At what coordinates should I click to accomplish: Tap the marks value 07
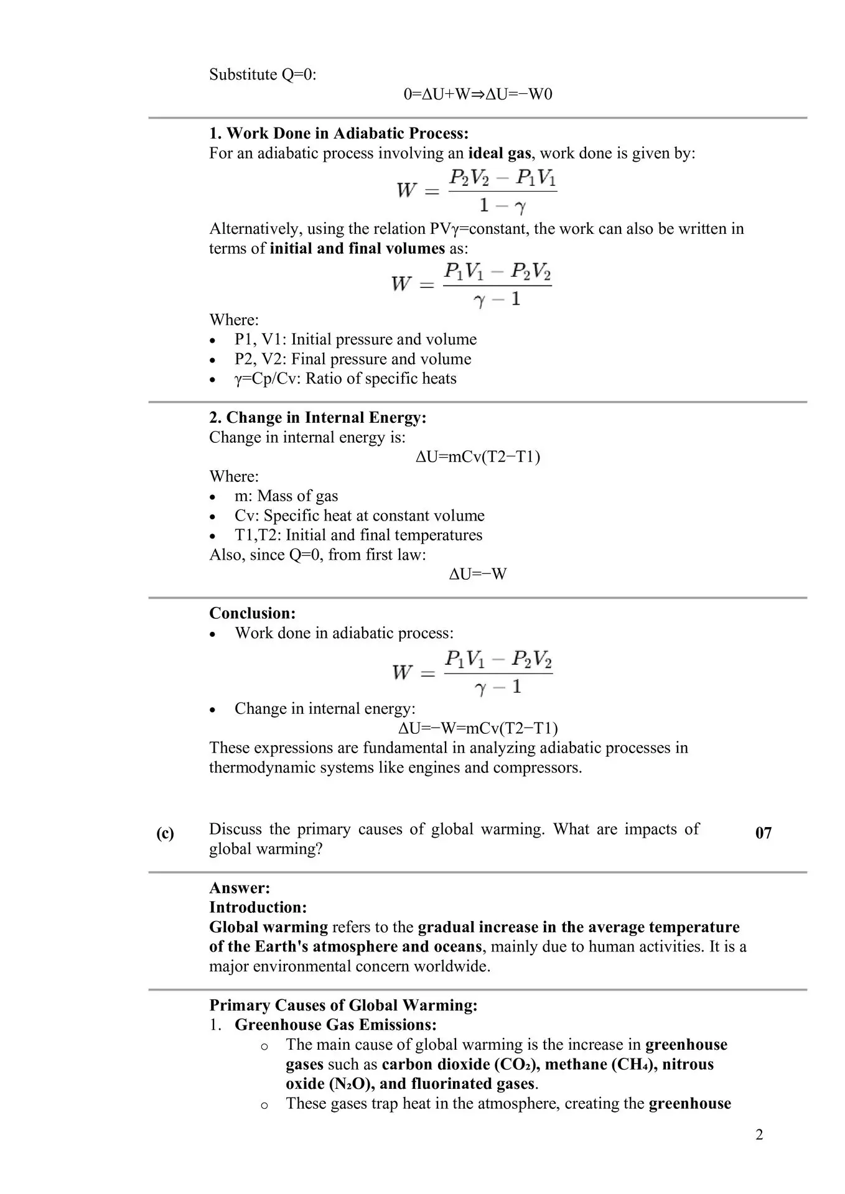coord(763,833)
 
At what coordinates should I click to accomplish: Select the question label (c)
coord(165,833)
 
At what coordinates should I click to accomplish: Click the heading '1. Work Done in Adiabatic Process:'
coord(338,133)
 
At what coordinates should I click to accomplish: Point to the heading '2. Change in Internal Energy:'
coord(317,417)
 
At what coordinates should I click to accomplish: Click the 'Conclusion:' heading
coord(252,613)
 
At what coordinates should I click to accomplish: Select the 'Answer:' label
coord(240,888)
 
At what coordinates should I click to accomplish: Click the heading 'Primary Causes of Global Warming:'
coord(343,1006)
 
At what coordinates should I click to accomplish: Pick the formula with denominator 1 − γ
coord(477,191)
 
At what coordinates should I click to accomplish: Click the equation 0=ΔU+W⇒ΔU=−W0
coord(478,95)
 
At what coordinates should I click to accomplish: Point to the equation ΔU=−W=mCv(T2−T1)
coord(478,728)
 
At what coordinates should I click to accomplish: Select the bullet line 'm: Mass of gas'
coord(286,496)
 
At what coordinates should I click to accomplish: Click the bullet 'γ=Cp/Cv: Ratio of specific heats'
coord(345,379)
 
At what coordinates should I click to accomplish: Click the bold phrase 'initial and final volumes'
coord(357,249)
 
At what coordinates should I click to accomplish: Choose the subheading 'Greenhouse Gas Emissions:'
coord(335,1025)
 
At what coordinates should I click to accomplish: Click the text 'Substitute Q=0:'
coord(263,75)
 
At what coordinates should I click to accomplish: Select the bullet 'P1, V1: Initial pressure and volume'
coord(355,340)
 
